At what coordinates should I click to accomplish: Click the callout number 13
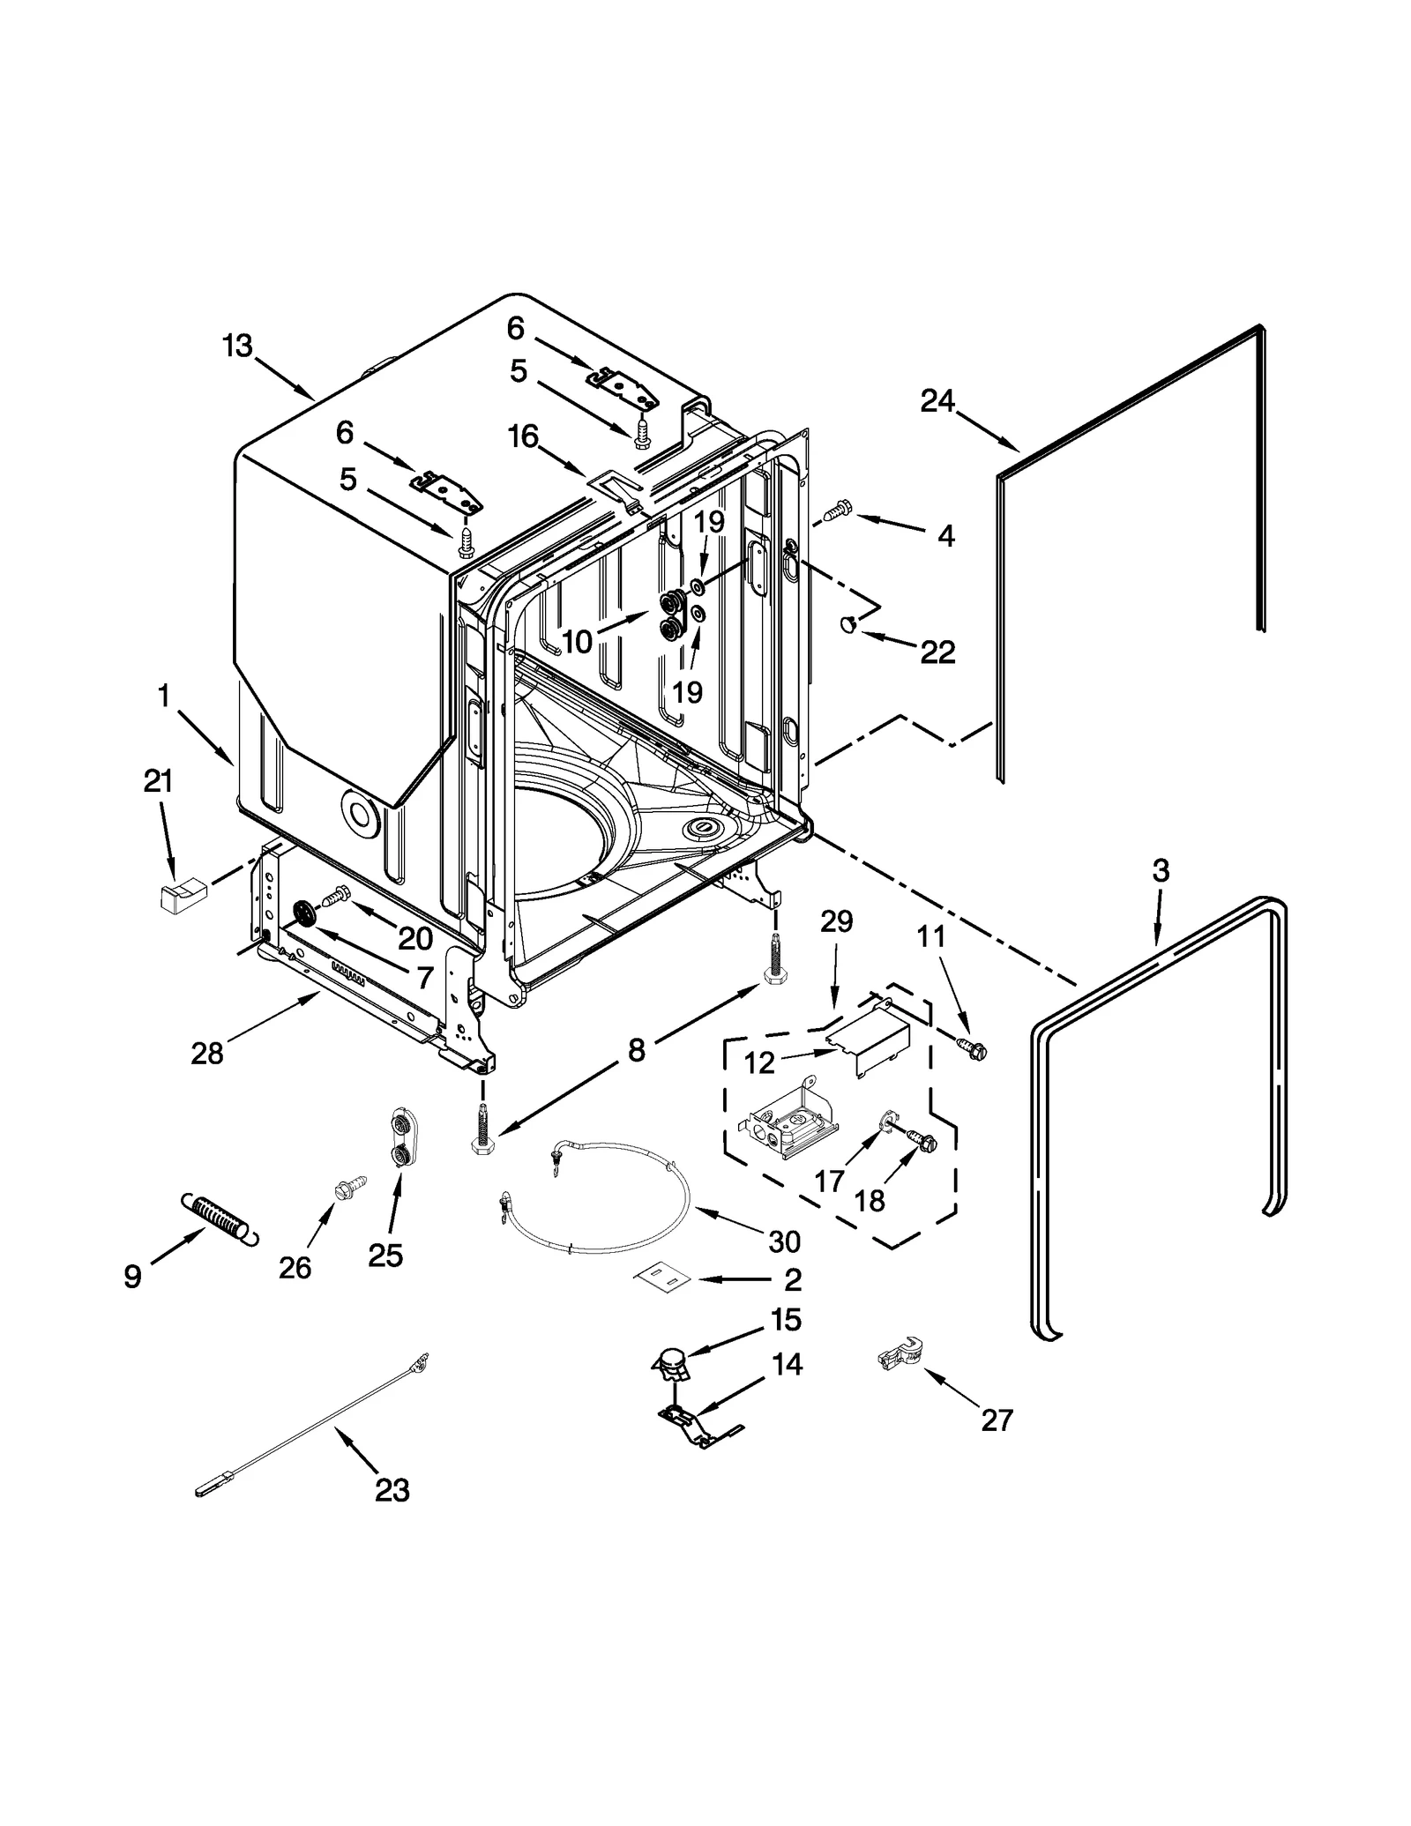tap(237, 347)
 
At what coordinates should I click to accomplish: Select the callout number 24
tap(937, 401)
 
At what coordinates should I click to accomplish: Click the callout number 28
tap(207, 1053)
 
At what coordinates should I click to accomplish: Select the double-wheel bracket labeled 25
tap(399, 1140)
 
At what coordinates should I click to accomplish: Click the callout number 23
tap(392, 1490)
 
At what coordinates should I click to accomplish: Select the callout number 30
tap(784, 1241)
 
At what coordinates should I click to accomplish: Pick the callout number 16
tap(524, 436)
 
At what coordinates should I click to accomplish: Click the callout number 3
tap(1161, 871)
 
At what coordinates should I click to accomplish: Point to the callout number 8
tap(636, 1049)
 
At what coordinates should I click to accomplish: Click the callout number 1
tap(164, 697)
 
